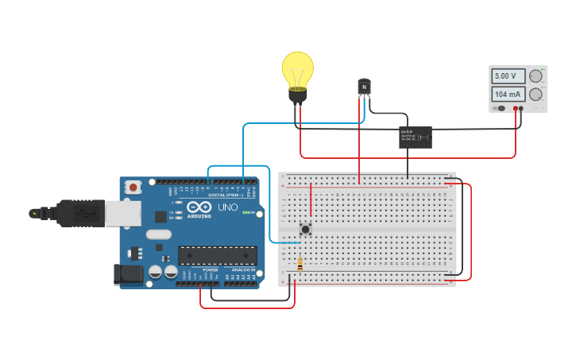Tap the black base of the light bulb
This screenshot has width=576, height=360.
pyautogui.click(x=297, y=95)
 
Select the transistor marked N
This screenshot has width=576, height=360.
pyautogui.click(x=364, y=86)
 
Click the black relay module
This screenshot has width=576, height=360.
pyautogui.click(x=416, y=137)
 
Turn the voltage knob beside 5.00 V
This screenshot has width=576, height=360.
pyautogui.click(x=536, y=76)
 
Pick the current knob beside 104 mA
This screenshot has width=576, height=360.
pyautogui.click(x=536, y=95)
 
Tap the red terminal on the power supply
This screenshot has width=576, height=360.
pyautogui.click(x=516, y=108)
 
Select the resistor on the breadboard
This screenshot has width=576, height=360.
pyautogui.click(x=300, y=265)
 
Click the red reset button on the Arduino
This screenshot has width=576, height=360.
pyautogui.click(x=133, y=188)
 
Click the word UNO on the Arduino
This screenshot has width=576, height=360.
pyautogui.click(x=228, y=207)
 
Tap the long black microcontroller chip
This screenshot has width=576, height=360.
pyautogui.click(x=217, y=254)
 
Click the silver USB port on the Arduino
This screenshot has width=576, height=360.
pyautogui.click(x=123, y=212)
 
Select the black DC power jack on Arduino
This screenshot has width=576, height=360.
pyautogui.click(x=128, y=274)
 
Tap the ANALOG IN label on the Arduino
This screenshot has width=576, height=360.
pyautogui.click(x=242, y=270)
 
